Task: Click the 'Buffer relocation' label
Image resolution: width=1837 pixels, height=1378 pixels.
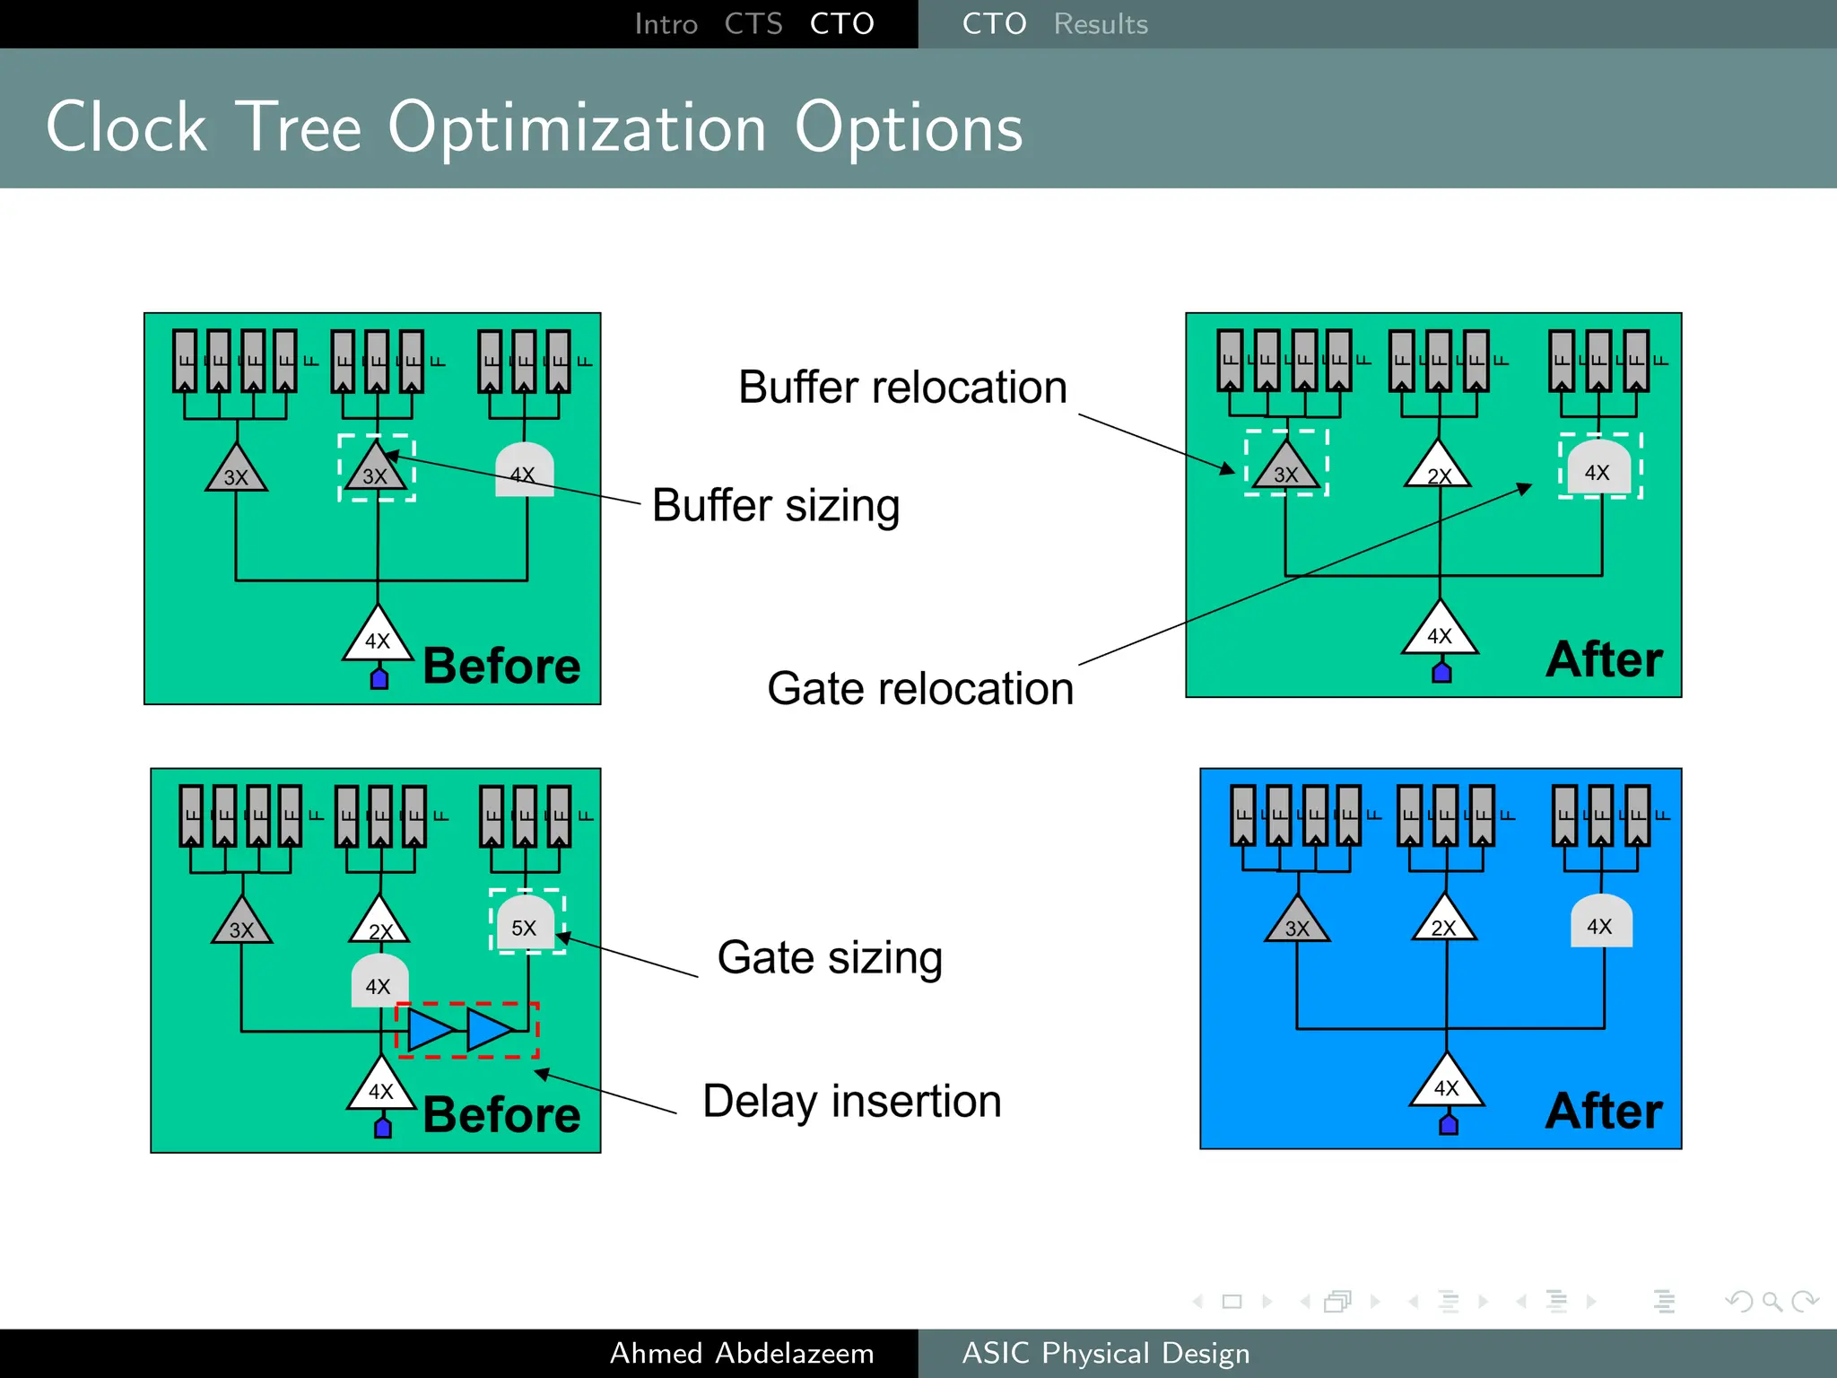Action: point(902,388)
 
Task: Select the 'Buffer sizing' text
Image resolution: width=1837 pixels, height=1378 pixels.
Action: point(776,506)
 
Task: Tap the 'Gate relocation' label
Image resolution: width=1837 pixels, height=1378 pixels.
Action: point(920,689)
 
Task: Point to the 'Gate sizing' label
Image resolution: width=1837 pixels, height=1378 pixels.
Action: point(830,957)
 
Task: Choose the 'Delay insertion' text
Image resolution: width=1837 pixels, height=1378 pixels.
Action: point(851,1102)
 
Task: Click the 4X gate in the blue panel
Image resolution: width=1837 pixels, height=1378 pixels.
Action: point(1601,922)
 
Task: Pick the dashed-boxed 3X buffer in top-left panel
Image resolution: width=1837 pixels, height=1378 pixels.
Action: point(376,469)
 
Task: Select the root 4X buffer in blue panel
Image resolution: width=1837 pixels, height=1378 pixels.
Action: point(1446,1084)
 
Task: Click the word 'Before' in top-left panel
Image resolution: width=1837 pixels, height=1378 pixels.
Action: point(501,667)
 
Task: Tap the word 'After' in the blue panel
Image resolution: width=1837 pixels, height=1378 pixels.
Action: point(1604,1111)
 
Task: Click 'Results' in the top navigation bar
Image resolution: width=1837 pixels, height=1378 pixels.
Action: point(1101,24)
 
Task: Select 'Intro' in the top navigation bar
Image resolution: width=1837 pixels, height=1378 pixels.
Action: point(666,24)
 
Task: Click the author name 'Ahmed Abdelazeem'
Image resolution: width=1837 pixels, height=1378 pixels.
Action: point(742,1353)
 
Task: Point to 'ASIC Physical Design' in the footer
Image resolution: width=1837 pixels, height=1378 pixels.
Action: point(1105,1353)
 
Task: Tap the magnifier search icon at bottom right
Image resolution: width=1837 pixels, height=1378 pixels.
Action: point(1772,1301)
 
